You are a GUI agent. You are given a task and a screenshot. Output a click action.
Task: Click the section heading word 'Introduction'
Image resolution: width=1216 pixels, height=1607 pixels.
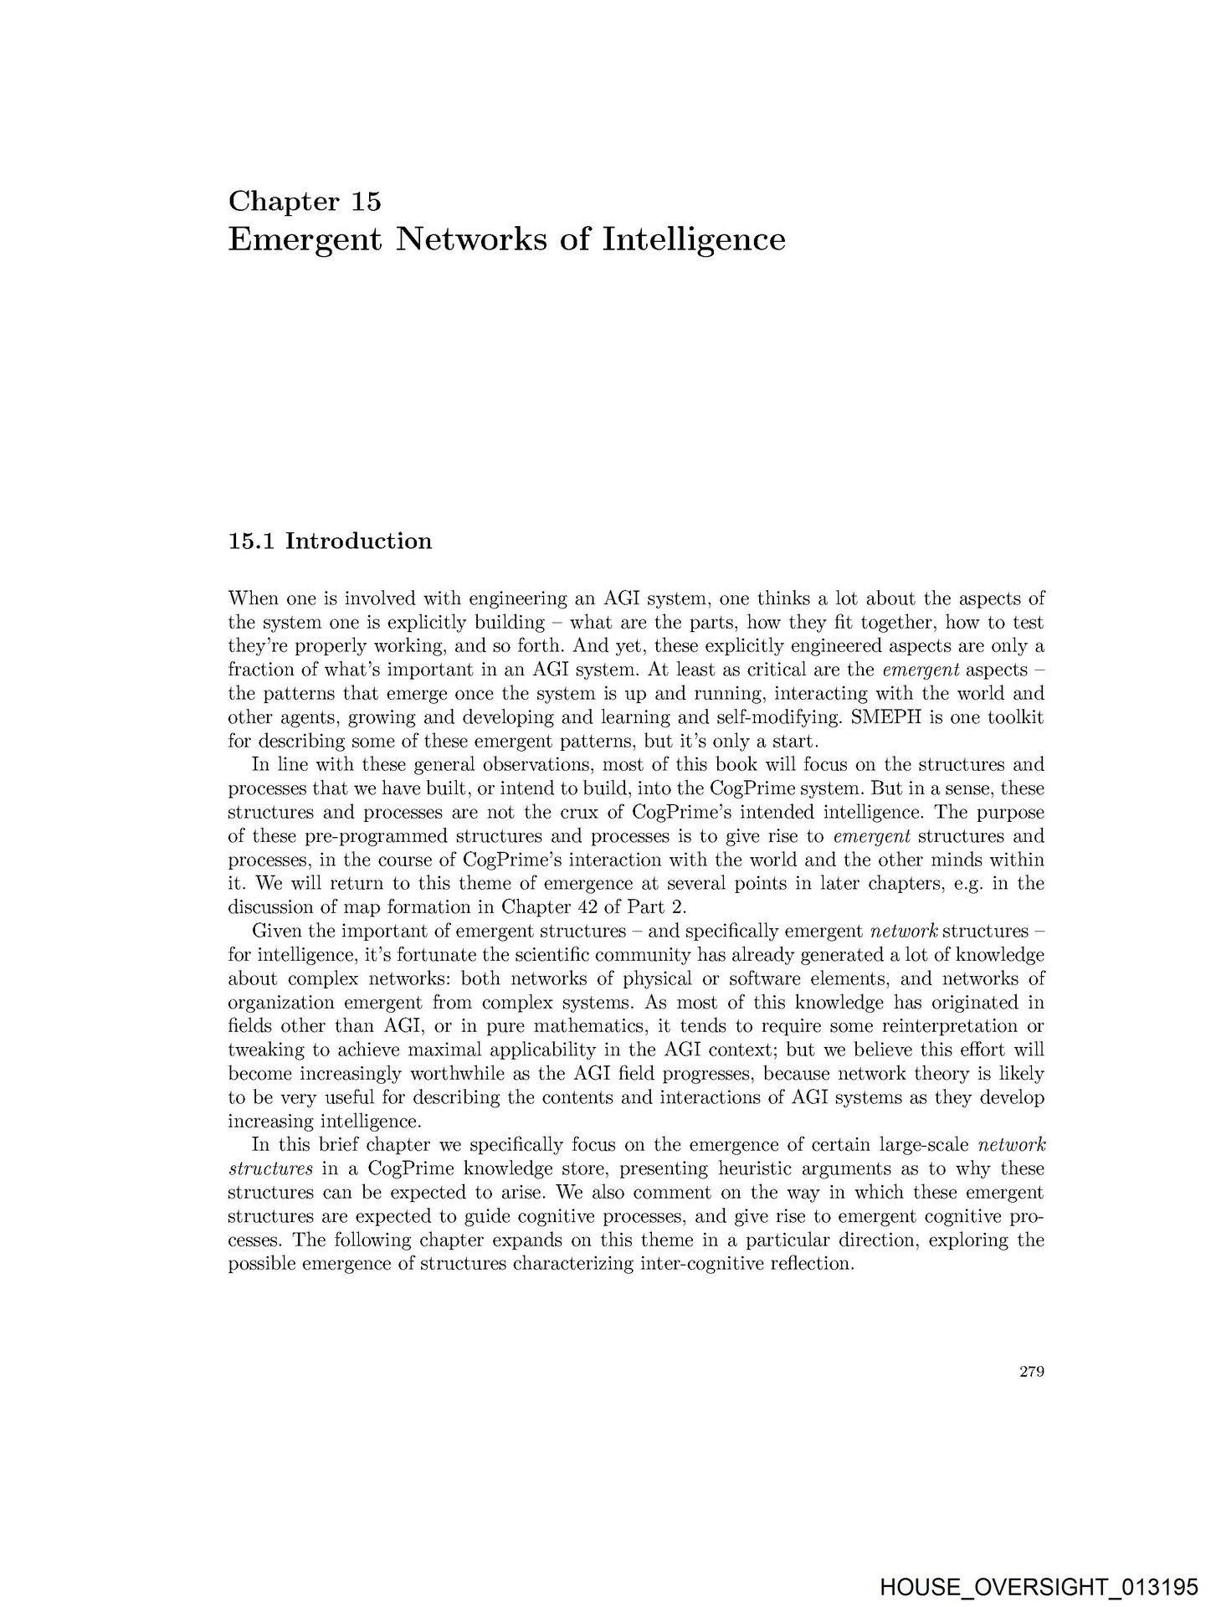pyautogui.click(x=358, y=541)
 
